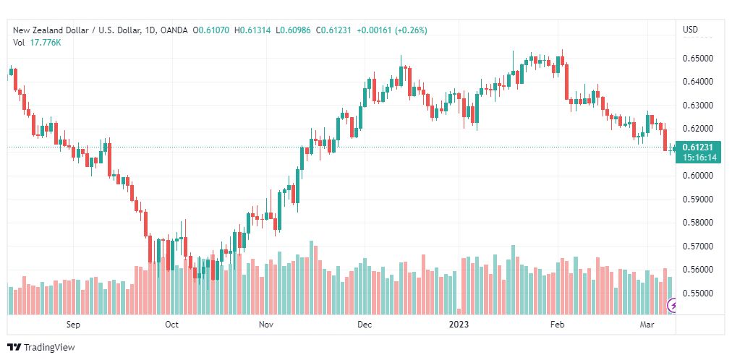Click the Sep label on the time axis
(73, 325)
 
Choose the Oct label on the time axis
(172, 325)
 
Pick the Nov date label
(267, 325)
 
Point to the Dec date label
(365, 325)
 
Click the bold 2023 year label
(459, 325)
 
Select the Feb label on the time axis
(558, 325)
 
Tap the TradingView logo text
(49, 348)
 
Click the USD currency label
(691, 30)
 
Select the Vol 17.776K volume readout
(37, 43)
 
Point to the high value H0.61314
(252, 30)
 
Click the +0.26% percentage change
(412, 30)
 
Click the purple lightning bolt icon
(673, 306)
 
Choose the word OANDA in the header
(174, 30)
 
